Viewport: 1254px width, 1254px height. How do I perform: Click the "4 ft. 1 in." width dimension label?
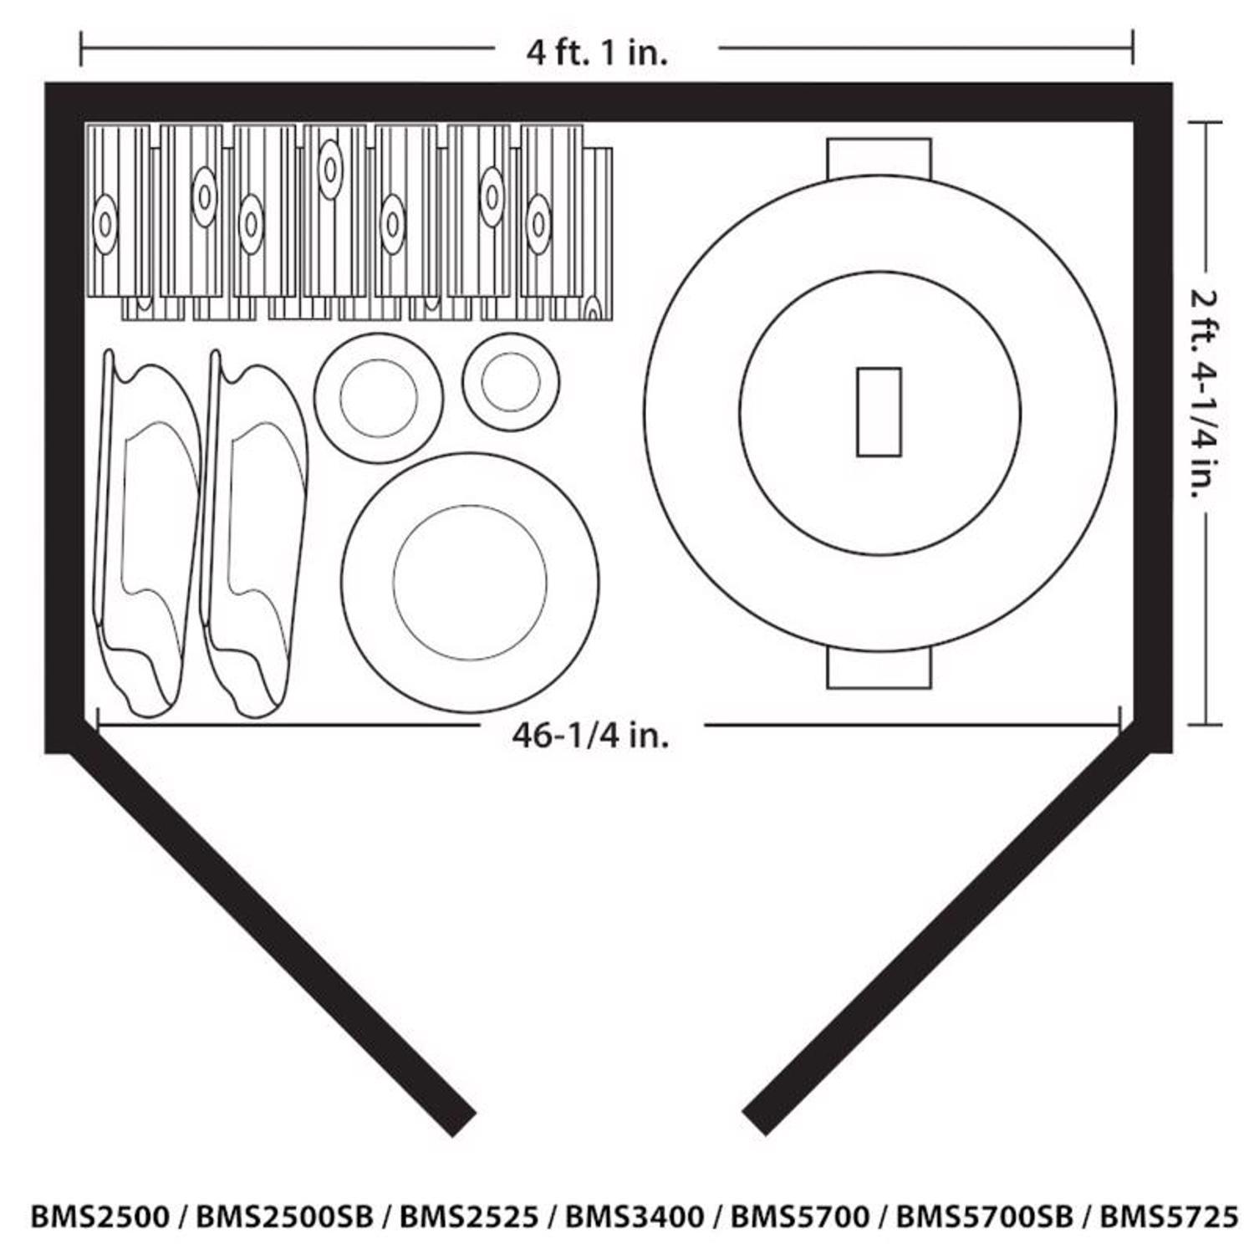pyautogui.click(x=597, y=53)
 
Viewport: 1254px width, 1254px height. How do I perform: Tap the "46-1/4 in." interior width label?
pyautogui.click(x=590, y=735)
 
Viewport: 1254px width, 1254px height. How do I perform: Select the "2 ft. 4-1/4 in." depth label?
pyautogui.click(x=1204, y=393)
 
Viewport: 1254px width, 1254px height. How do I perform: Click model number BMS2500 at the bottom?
pyautogui.click(x=100, y=1216)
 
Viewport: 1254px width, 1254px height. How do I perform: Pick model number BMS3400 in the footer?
pyautogui.click(x=635, y=1216)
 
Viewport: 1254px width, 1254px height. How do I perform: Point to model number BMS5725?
pyautogui.click(x=1168, y=1216)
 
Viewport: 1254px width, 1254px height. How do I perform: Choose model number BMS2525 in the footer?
pyautogui.click(x=469, y=1216)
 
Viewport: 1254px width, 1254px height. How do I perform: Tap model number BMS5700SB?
pyautogui.click(x=984, y=1216)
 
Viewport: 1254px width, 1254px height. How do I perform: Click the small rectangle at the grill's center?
pyautogui.click(x=879, y=412)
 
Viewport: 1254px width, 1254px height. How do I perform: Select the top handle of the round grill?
pyautogui.click(x=879, y=156)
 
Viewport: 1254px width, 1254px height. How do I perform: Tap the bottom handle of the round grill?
pyautogui.click(x=879, y=670)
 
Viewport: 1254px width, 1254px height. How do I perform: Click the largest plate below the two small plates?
pyautogui.click(x=470, y=583)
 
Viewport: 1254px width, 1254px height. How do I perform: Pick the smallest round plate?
pyautogui.click(x=511, y=382)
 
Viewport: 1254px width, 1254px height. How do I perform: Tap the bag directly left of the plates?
pyautogui.click(x=252, y=535)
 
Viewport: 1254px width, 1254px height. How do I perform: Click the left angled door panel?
pyautogui.click(x=272, y=940)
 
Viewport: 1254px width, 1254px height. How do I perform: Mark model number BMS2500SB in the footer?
pyautogui.click(x=284, y=1216)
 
